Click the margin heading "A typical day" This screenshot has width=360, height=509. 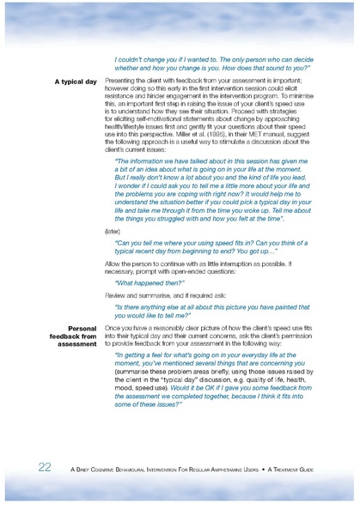pos(76,82)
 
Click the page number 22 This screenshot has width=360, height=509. pos(45,468)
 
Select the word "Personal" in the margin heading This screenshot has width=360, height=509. pos(82,328)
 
